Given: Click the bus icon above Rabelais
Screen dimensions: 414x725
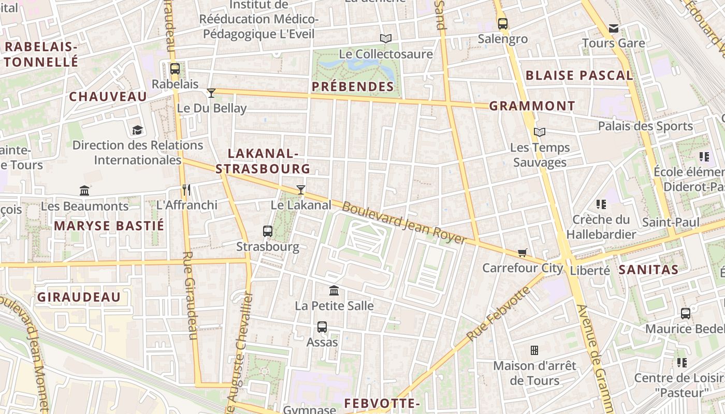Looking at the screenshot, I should pyautogui.click(x=175, y=68).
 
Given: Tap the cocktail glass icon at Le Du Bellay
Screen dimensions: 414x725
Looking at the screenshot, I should pyautogui.click(x=211, y=93).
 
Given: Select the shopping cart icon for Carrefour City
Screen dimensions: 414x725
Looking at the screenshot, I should pyautogui.click(x=522, y=253).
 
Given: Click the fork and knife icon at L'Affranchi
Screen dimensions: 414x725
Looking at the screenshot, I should pyautogui.click(x=187, y=190).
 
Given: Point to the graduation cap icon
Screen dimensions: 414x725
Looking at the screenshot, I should pyautogui.click(x=137, y=130).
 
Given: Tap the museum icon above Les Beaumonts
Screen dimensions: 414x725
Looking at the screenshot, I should pyautogui.click(x=85, y=190).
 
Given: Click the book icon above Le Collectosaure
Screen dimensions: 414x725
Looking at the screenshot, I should pyautogui.click(x=386, y=38).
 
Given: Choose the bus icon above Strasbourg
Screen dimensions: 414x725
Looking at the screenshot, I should pyautogui.click(x=268, y=231).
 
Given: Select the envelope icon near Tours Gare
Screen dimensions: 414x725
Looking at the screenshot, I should pyautogui.click(x=614, y=28).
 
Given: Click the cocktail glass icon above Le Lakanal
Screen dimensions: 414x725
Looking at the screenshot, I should pyautogui.click(x=301, y=190).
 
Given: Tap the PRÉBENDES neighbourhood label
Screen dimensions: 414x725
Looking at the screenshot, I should pyautogui.click(x=353, y=86).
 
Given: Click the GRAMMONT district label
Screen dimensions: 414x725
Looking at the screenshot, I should pyautogui.click(x=532, y=106).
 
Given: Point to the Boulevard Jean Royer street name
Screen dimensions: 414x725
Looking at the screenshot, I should pyautogui.click(x=404, y=223).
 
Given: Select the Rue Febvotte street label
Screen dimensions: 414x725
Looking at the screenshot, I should pyautogui.click(x=499, y=314).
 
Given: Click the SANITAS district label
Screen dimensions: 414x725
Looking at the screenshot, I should pyautogui.click(x=648, y=270).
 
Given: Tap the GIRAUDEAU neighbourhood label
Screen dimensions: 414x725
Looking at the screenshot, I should pyautogui.click(x=79, y=297).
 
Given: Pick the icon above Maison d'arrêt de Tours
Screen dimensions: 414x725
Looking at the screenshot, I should pyautogui.click(x=534, y=350).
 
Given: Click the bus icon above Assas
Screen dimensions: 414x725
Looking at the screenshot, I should pyautogui.click(x=322, y=327).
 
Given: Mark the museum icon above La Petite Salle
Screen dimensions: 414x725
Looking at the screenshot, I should pyautogui.click(x=334, y=291).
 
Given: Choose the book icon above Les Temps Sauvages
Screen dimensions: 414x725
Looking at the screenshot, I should pyautogui.click(x=540, y=132).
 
